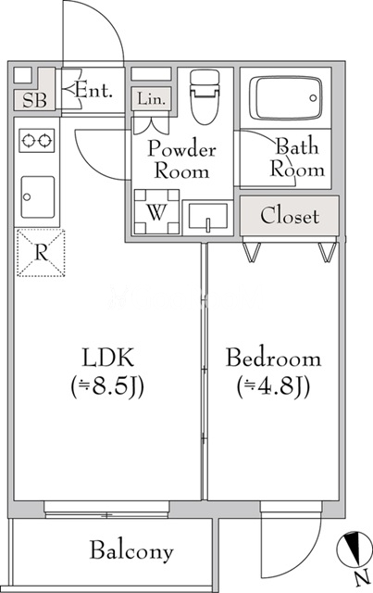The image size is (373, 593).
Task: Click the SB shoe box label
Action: (31, 100)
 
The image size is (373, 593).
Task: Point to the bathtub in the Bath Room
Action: (286, 96)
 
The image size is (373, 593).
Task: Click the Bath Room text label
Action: (297, 158)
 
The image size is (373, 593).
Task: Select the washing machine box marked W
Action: (156, 211)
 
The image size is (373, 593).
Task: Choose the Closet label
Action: (290, 217)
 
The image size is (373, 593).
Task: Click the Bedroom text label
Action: (274, 358)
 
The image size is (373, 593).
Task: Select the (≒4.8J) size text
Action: (274, 385)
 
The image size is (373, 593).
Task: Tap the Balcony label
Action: (131, 551)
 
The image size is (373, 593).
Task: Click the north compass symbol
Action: (354, 549)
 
